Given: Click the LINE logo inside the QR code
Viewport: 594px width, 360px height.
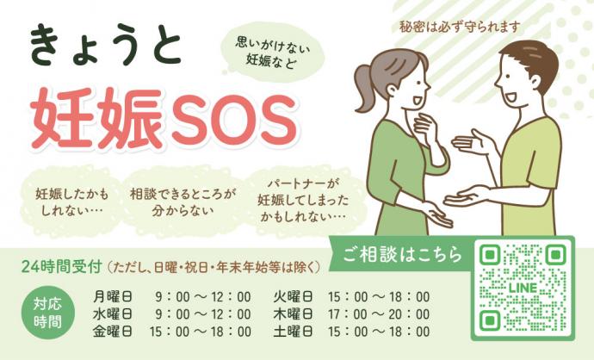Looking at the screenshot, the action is click(523, 288).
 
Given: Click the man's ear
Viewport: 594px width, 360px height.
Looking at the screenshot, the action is click(535, 81).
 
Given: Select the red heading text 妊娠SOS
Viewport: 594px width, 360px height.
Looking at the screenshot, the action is click(164, 118).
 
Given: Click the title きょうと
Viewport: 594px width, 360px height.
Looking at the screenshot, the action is click(105, 47).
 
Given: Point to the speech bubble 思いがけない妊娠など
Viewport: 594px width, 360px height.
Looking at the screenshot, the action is click(273, 53).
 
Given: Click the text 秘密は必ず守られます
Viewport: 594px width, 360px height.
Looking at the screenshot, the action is click(460, 28).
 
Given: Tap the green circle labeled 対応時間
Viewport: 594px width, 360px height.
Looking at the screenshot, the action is click(47, 313).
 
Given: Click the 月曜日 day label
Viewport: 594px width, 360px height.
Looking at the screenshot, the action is click(113, 296).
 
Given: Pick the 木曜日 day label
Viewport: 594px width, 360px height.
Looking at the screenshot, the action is click(294, 314).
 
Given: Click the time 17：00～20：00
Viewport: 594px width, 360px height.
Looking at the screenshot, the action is click(379, 314).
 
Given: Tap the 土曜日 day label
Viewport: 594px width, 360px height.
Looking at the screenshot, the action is click(294, 332).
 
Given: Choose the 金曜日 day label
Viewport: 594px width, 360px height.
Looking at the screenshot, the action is click(113, 332).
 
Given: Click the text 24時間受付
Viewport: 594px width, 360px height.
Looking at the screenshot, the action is click(62, 267).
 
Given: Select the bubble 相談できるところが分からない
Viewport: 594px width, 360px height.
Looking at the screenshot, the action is click(183, 202).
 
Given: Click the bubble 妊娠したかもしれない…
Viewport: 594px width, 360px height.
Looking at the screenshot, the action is click(72, 202).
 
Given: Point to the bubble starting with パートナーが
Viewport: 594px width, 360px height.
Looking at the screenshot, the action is click(303, 200).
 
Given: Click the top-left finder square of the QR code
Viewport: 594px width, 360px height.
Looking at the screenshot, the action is click(490, 255).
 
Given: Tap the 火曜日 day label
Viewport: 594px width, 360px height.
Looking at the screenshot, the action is click(294, 296).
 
